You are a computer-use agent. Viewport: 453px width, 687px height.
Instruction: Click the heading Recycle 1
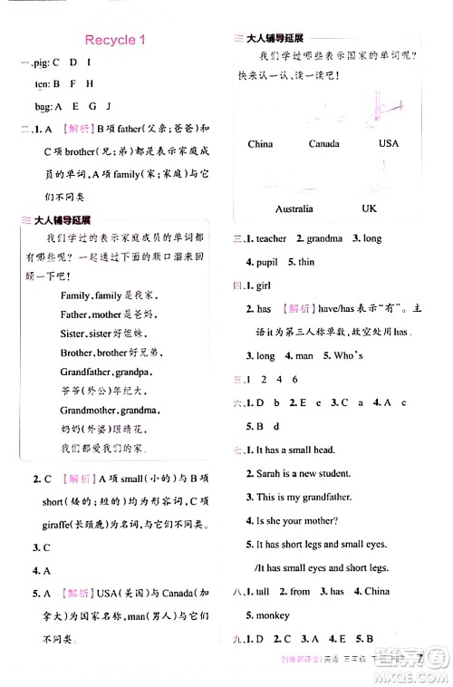click(x=115, y=40)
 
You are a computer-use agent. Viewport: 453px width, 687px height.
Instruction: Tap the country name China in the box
click(x=260, y=143)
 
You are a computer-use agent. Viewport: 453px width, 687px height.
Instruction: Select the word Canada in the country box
click(x=323, y=143)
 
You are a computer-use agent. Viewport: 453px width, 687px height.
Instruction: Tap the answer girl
click(x=265, y=285)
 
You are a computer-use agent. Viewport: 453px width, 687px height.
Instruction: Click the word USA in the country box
click(x=388, y=143)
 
